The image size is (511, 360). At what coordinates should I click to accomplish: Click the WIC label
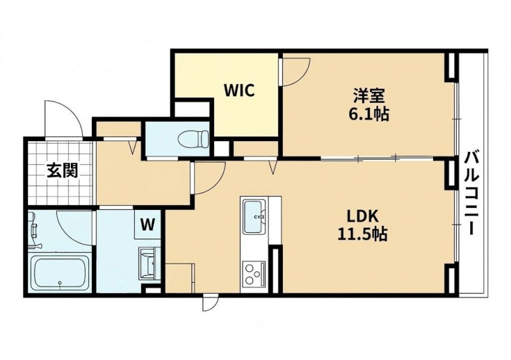[239, 90]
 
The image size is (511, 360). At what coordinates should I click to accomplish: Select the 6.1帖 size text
[369, 115]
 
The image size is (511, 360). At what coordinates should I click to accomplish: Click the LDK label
[362, 216]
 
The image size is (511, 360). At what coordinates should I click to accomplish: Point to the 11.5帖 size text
[362, 234]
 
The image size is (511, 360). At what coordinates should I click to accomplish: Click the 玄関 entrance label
[62, 170]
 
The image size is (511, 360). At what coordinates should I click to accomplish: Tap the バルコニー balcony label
[472, 193]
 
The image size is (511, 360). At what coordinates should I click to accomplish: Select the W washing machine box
[148, 225]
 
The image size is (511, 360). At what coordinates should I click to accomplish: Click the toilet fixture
[194, 139]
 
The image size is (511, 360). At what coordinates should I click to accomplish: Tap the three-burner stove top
[254, 274]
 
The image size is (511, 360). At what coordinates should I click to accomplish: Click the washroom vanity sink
[149, 263]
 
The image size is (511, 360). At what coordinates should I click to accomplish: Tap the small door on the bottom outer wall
[210, 303]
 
